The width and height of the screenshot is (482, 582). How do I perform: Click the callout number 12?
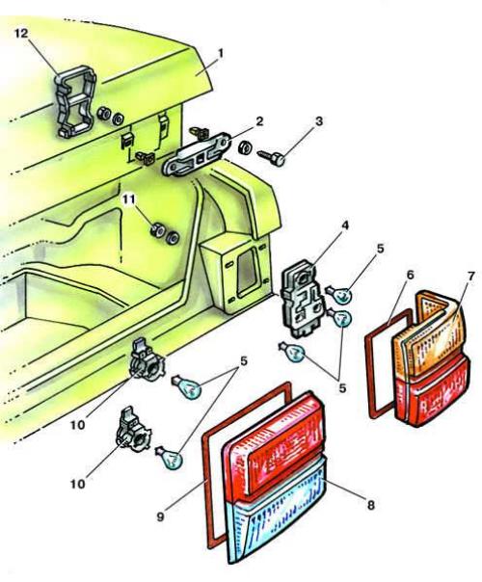point(21,34)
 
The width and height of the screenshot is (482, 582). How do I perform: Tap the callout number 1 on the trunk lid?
point(222,54)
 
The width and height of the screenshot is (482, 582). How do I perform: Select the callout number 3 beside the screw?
point(319,121)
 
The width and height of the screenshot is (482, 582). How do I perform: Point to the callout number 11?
point(128,199)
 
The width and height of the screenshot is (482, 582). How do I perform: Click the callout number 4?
point(345,225)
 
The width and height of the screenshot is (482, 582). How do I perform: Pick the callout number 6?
point(410,275)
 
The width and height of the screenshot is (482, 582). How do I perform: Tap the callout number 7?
point(470,277)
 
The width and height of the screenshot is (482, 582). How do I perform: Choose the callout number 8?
point(370,505)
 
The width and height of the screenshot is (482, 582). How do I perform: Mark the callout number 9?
point(160,516)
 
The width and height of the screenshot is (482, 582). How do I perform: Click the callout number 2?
point(259,121)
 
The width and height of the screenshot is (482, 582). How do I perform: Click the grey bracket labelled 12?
point(75,101)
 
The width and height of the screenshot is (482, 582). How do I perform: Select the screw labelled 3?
point(271,157)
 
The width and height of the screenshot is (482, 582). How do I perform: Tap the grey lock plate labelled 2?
point(196,153)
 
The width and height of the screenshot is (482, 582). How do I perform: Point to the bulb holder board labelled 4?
point(301,299)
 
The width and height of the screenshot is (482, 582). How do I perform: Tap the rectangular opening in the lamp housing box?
point(247,273)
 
